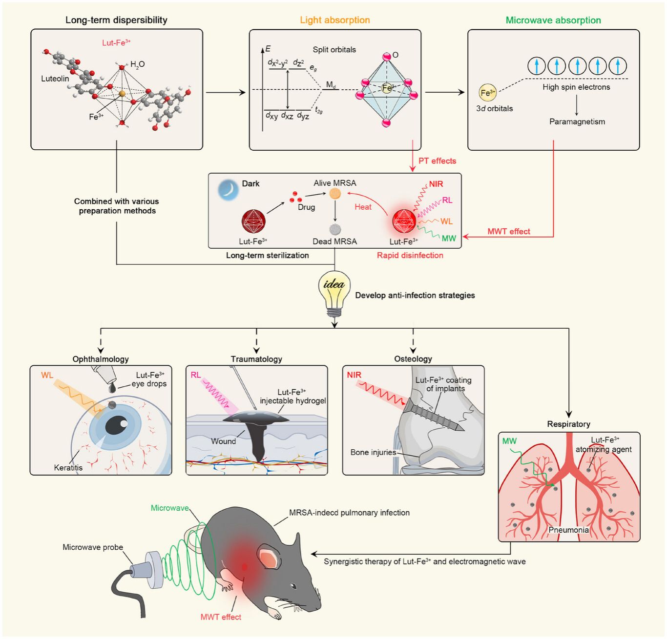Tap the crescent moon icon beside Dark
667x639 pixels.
point(228,190)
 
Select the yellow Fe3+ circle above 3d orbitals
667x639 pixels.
point(487,93)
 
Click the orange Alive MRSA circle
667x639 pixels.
point(335,194)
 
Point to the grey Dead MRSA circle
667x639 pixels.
point(335,229)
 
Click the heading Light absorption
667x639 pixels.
point(335,20)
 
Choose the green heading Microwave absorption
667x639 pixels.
point(553,20)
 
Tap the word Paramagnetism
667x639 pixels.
point(577,121)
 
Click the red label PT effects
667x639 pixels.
point(437,161)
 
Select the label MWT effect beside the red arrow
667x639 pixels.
point(508,232)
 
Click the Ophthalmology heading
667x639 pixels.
point(101,359)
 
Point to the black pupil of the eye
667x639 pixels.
point(115,425)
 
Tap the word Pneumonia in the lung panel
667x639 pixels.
point(568,530)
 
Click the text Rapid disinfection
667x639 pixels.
point(410,255)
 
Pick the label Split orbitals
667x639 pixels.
point(334,50)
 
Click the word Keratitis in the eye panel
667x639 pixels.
point(68,467)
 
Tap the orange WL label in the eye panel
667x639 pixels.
point(47,375)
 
